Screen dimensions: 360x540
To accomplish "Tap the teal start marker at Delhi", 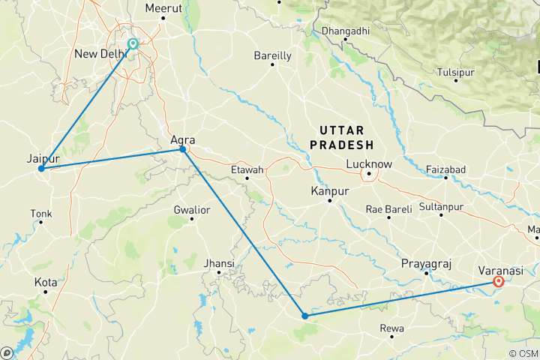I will pyautogui.click(x=133, y=43).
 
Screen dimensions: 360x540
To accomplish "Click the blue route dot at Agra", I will pyautogui.click(x=182, y=150).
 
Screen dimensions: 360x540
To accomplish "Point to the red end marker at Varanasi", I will pyautogui.click(x=498, y=282).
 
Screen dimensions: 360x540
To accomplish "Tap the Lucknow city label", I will pyautogui.click(x=369, y=164).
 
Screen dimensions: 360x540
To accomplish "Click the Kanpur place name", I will pyautogui.click(x=330, y=192).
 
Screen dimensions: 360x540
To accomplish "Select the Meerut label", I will pyautogui.click(x=164, y=8).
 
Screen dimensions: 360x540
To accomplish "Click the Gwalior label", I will pyautogui.click(x=191, y=209).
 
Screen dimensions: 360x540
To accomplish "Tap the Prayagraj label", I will pyautogui.click(x=424, y=263).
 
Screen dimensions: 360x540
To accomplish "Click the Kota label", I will pyautogui.click(x=45, y=283).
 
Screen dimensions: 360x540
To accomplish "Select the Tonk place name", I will pyautogui.click(x=40, y=214).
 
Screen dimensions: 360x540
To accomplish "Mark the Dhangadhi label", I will pyautogui.click(x=346, y=31).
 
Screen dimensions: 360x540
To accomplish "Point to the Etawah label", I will pyautogui.click(x=247, y=170).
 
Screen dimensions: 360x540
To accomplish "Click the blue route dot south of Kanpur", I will pyautogui.click(x=304, y=316).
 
